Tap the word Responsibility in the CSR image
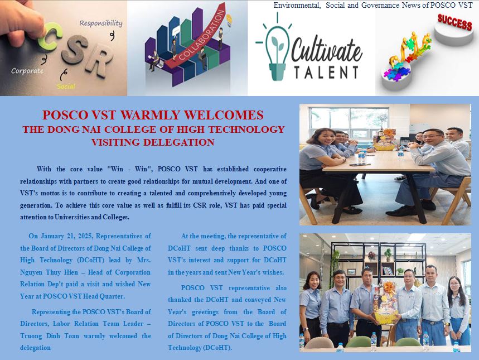click(x=101, y=23)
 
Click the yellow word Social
click(x=66, y=87)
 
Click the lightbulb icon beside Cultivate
click(x=277, y=47)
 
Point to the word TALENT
click(x=326, y=72)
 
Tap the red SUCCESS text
click(x=454, y=22)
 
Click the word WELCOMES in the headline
click(x=224, y=115)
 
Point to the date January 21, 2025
click(x=67, y=236)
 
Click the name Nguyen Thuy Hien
click(x=49, y=272)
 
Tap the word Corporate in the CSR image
click(x=27, y=71)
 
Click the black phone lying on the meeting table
click(x=360, y=165)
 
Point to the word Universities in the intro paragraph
click(x=72, y=217)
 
